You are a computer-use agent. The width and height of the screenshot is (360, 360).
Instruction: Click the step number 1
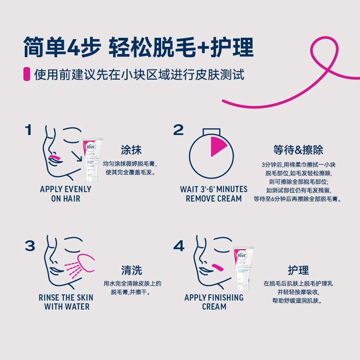click(x=28, y=130)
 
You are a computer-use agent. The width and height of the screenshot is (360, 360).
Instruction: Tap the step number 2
click(x=178, y=130)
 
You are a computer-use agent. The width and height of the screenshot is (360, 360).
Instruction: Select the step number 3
click(x=30, y=246)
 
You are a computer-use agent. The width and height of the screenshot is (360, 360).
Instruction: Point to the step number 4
click(x=179, y=246)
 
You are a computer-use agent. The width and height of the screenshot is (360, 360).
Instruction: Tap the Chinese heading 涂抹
click(x=131, y=150)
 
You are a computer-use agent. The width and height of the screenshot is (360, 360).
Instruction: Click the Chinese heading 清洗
click(x=131, y=270)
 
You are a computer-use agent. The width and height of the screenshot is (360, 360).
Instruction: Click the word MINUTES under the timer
click(x=229, y=189)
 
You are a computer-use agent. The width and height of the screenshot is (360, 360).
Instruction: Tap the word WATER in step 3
click(x=76, y=306)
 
